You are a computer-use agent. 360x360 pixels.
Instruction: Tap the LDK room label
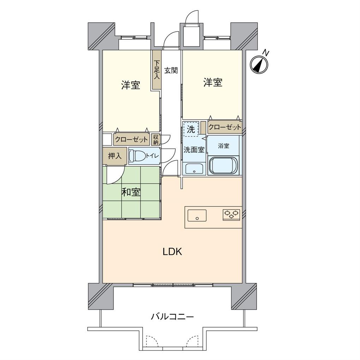click(x=172, y=252)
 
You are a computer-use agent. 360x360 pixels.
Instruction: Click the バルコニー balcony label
click(x=172, y=317)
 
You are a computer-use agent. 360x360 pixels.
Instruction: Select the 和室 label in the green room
click(x=131, y=192)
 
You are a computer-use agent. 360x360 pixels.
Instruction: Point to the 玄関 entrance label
click(x=171, y=70)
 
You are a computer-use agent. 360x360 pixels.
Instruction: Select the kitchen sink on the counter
click(x=197, y=215)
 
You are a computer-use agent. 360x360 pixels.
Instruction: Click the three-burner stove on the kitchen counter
click(x=232, y=214)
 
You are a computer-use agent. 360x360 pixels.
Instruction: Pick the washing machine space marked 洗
click(x=191, y=129)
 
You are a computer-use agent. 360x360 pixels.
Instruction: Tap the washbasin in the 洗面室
click(x=194, y=169)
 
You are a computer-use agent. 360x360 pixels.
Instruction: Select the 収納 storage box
click(x=156, y=139)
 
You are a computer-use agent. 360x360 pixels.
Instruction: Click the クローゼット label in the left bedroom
click(x=131, y=140)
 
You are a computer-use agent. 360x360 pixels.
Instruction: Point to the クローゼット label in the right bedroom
click(x=225, y=127)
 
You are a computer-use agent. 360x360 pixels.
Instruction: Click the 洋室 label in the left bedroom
click(x=131, y=85)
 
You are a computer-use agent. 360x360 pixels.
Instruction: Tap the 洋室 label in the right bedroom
click(x=212, y=83)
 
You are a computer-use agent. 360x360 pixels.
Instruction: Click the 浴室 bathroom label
click(x=223, y=146)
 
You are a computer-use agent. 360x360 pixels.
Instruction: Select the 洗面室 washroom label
click(x=194, y=150)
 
